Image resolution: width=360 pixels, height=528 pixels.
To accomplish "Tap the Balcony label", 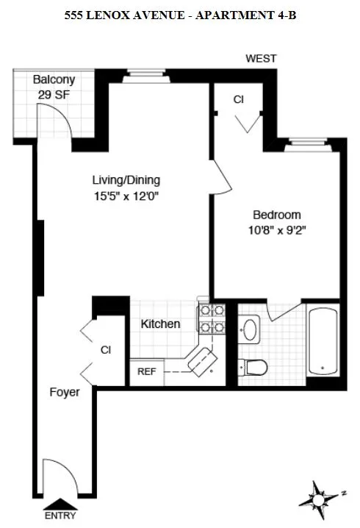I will pyautogui.click(x=51, y=80).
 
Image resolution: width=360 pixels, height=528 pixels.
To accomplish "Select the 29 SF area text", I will pyautogui.click(x=51, y=94).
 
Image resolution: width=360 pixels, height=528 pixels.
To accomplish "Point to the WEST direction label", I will pyautogui.click(x=261, y=59).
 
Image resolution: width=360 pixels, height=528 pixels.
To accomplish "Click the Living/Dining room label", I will pyautogui.click(x=126, y=180).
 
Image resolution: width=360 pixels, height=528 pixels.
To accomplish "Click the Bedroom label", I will pyautogui.click(x=276, y=215).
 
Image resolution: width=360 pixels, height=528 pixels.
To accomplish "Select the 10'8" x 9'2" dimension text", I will pyautogui.click(x=276, y=230).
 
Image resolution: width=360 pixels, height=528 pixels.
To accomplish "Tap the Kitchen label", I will pyautogui.click(x=160, y=324).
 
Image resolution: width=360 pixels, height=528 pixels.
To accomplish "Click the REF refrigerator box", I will pyautogui.click(x=147, y=371).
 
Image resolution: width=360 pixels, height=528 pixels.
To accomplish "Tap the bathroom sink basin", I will pyautogui.click(x=250, y=329).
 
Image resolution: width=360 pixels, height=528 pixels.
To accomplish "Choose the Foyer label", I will pyautogui.click(x=64, y=392).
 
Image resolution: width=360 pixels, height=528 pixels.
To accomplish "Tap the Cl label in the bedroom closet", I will pyautogui.click(x=238, y=99).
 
